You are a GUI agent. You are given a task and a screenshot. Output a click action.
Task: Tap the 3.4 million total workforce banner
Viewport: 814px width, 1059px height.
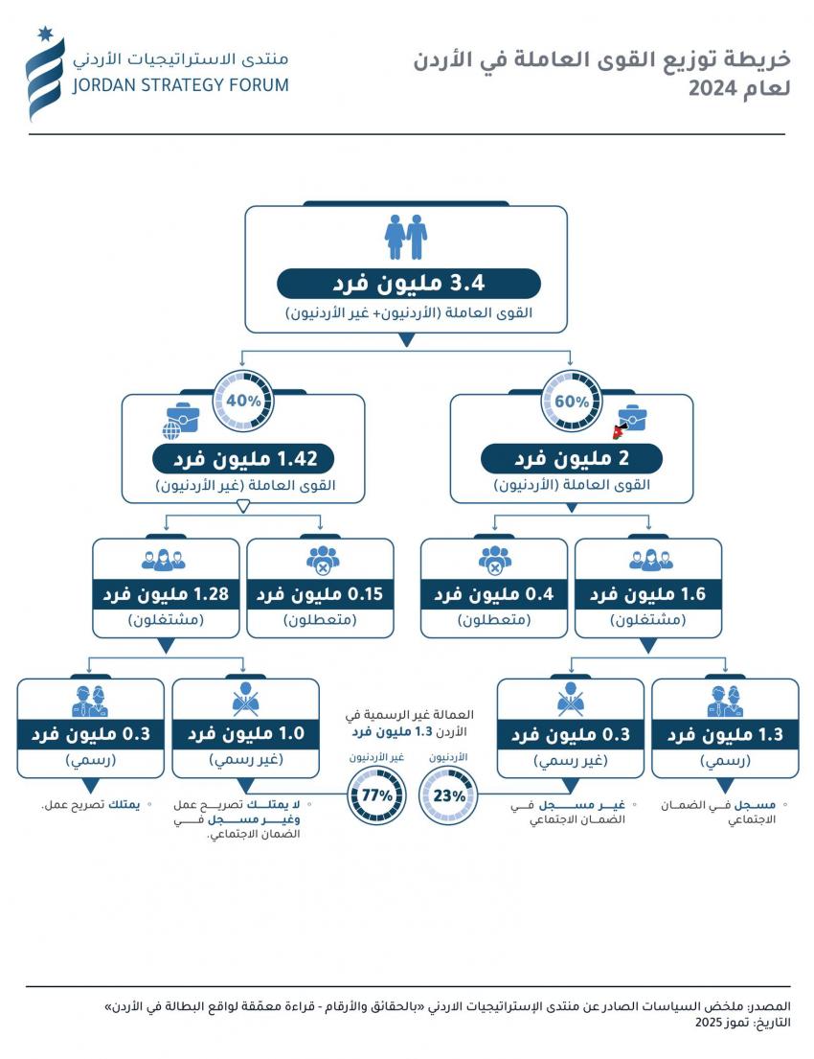pos(408,284)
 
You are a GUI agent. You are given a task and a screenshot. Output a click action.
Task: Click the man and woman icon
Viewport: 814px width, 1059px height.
pos(405,236)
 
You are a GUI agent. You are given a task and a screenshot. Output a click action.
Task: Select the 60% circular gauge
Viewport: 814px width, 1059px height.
pos(572,401)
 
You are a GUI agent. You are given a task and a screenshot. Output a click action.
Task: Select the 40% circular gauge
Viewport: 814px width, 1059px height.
pos(243,401)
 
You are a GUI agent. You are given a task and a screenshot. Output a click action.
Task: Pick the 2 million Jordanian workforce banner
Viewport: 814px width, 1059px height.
pos(572,457)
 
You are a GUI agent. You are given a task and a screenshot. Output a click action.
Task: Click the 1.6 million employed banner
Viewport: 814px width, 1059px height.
pos(647,594)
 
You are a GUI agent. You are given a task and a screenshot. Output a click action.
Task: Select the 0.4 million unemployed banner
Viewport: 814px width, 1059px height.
pos(494,594)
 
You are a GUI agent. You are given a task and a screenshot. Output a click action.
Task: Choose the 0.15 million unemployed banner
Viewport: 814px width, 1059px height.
pos(320,594)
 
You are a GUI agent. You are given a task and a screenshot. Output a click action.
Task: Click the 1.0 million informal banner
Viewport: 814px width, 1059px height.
pos(245,734)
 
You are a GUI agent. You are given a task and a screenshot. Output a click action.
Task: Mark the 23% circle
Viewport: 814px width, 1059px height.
pos(449,794)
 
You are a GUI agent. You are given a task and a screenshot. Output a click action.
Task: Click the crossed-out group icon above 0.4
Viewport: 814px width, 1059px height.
pos(495,560)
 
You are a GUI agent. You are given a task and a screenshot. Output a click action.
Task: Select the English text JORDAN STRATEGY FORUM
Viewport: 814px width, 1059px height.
pos(180,84)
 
